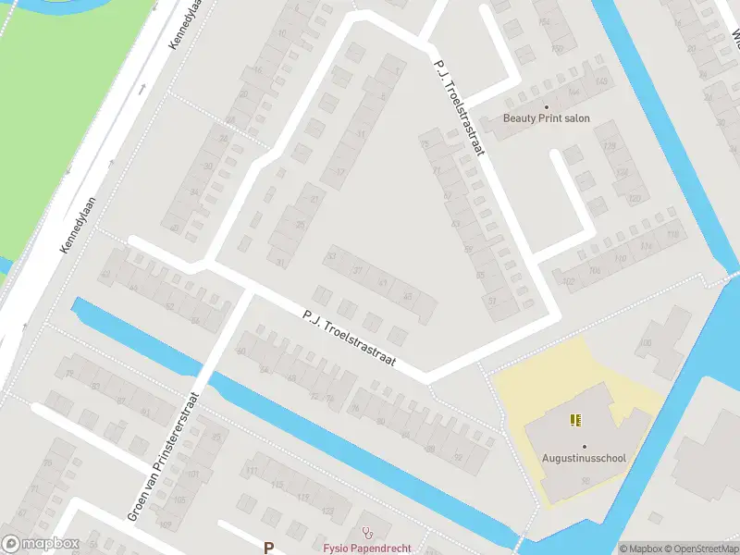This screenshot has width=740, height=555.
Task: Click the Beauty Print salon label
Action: tap(546, 118)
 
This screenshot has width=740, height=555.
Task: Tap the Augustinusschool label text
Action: tap(584, 458)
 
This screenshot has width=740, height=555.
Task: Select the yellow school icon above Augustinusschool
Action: tap(576, 420)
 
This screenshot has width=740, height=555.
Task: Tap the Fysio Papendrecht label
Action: tap(366, 548)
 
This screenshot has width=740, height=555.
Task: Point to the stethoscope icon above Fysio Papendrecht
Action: tap(368, 532)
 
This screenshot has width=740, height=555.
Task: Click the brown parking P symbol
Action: tap(269, 548)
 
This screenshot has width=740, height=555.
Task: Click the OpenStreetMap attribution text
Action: tap(698, 549)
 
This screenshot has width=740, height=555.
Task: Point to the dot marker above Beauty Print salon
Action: tap(546, 106)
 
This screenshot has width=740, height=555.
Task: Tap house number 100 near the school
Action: tap(645, 343)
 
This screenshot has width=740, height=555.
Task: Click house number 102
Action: tap(569, 282)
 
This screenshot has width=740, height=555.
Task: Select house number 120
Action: tap(635, 199)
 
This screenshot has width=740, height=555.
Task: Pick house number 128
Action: tap(609, 148)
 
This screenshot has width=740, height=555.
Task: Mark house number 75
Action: tap(425, 144)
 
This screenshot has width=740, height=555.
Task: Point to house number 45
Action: tap(408, 296)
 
